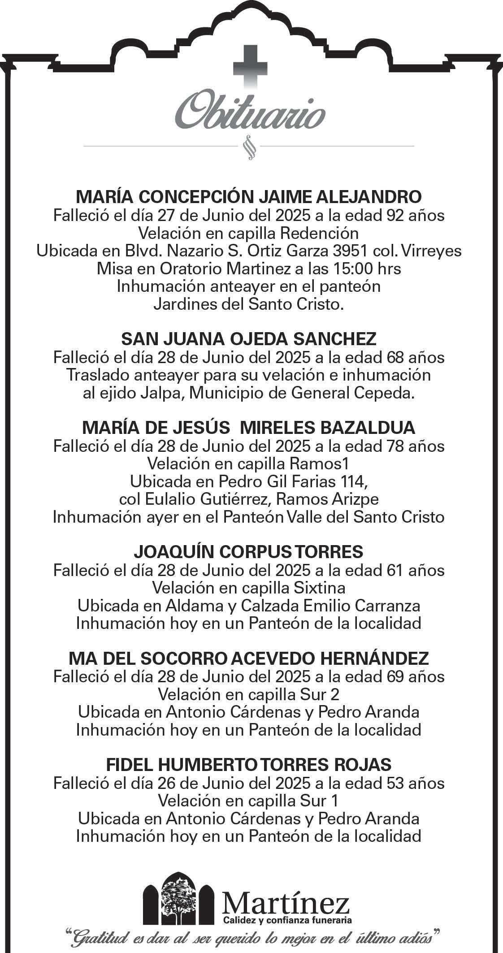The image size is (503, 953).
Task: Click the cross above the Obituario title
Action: (x=250, y=67)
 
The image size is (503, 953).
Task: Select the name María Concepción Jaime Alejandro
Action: (x=249, y=197)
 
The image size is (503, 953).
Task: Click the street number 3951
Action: (x=362, y=251)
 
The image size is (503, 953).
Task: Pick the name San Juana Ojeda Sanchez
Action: (x=249, y=339)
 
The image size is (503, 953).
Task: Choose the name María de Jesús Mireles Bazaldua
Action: (x=249, y=428)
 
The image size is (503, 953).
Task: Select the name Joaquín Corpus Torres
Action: (x=249, y=552)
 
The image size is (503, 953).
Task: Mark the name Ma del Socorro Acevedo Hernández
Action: (x=249, y=658)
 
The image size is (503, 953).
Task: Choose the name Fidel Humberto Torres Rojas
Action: (x=249, y=765)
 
